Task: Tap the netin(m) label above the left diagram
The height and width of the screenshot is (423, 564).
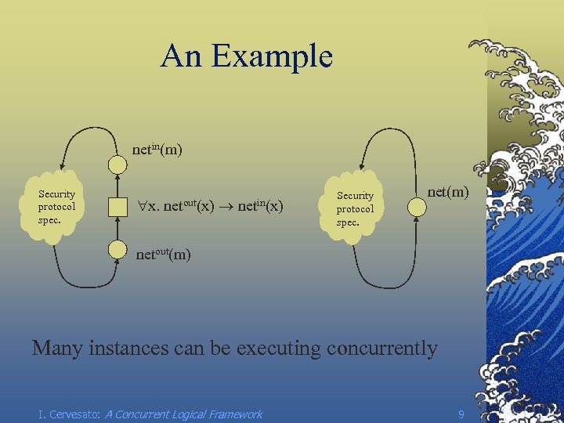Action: [x=157, y=148]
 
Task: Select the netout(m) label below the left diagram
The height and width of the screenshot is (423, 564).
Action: [x=163, y=254]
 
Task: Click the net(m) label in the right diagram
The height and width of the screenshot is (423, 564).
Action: [x=448, y=190]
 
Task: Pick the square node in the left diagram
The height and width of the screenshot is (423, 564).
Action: [x=117, y=208]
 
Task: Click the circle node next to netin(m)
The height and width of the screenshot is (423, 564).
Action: [x=117, y=164]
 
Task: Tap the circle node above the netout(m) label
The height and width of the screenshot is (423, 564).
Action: [x=117, y=250]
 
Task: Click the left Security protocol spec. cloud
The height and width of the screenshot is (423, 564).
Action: [x=57, y=207]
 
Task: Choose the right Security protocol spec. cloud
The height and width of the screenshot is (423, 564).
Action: [x=356, y=208]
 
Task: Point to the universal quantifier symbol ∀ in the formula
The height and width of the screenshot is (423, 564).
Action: [x=142, y=208]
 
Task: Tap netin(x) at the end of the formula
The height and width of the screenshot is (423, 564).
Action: [x=260, y=206]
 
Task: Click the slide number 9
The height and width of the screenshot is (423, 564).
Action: [x=461, y=413]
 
